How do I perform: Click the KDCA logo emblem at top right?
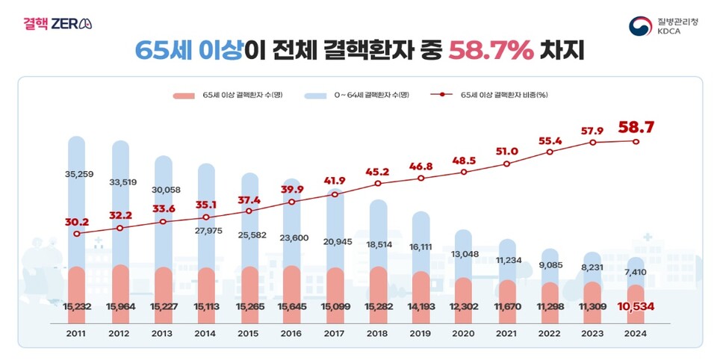click(640, 26)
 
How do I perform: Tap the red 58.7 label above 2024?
click(636, 128)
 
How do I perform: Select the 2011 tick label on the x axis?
click(76, 334)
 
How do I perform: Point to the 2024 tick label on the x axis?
click(636, 334)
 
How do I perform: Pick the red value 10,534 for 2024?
click(636, 306)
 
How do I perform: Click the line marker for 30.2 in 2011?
click(76, 234)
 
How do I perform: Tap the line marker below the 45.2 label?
click(378, 183)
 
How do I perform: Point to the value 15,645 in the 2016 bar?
click(291, 306)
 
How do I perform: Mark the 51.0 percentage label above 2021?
click(506, 152)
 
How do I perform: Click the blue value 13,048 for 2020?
click(464, 253)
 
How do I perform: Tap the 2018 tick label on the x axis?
click(378, 334)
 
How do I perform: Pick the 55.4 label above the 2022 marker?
click(550, 140)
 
